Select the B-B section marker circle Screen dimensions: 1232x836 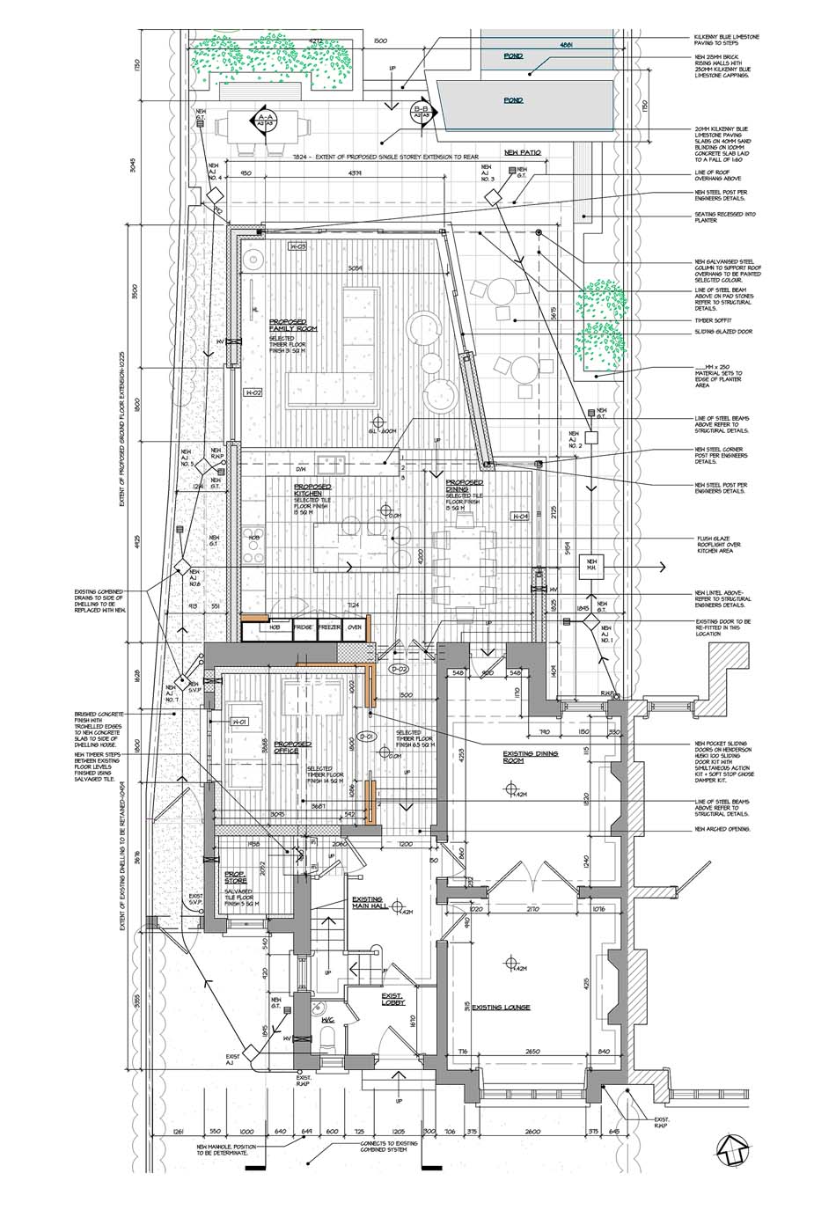[x=422, y=112]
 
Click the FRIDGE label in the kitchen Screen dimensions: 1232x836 [x=303, y=627]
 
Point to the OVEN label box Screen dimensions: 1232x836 [x=356, y=627]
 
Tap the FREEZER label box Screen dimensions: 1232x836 [x=329, y=627]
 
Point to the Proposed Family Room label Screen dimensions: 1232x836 [x=292, y=326]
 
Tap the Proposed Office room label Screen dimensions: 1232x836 [x=292, y=747]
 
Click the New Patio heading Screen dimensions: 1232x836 [x=522, y=152]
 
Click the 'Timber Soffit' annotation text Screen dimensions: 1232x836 [x=712, y=320]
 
